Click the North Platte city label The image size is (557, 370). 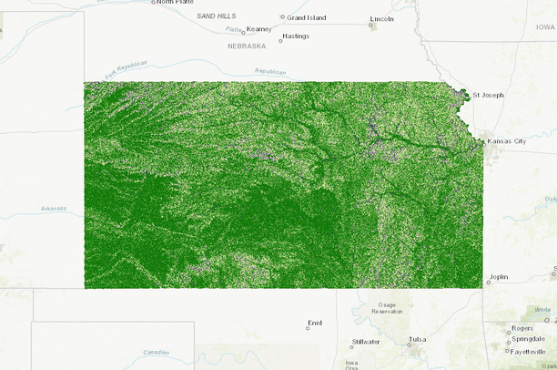click(177, 2)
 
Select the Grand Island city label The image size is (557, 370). click(307, 17)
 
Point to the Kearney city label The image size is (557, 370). click(258, 29)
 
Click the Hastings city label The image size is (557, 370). click(295, 36)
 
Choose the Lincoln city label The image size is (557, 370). click(382, 19)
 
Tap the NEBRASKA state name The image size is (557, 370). click(247, 45)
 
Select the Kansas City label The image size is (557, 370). click(507, 141)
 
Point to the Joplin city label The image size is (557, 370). click(499, 276)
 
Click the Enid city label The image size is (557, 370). click(315, 323)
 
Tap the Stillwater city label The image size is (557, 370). click(365, 343)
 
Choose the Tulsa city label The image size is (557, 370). click(417, 339)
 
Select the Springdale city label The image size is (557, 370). click(528, 338)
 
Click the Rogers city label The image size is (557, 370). click(522, 327)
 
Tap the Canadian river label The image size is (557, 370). click(157, 353)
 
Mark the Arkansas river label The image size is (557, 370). click(54, 209)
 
